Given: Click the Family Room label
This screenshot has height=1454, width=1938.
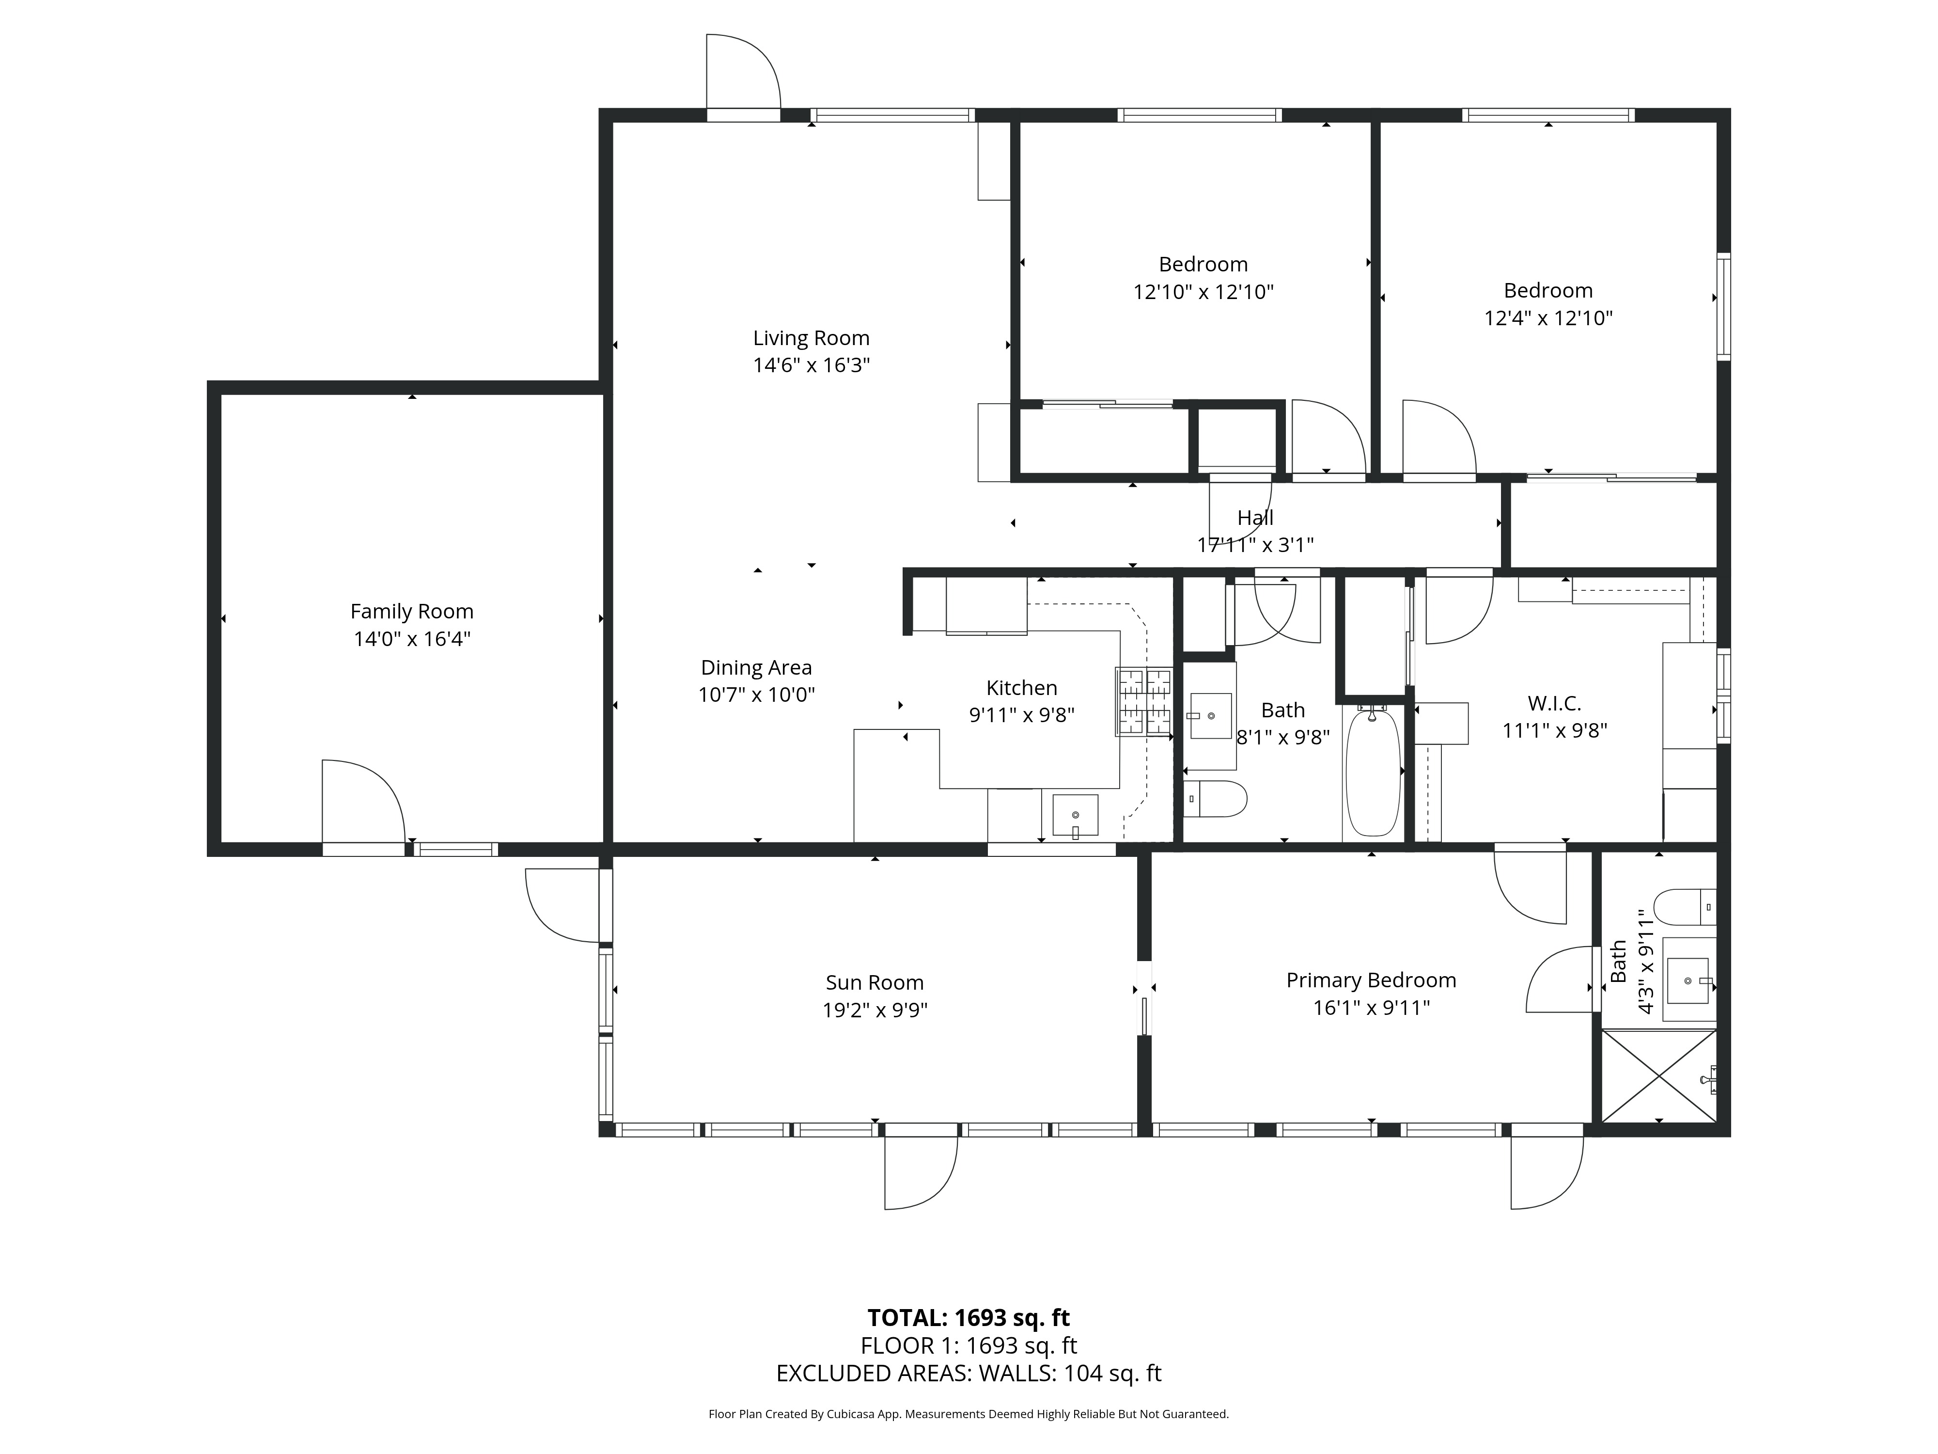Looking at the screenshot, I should coord(412,612).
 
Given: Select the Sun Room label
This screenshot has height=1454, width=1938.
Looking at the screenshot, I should coord(875,982).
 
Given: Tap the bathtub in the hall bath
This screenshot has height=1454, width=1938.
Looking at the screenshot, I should coord(1373,773).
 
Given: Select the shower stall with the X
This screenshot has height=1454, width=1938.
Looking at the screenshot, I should coord(1658,1076).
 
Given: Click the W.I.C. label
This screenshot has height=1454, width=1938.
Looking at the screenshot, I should coord(1554,703).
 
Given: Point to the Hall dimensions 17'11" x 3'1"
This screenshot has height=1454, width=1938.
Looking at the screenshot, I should coord(1255,545).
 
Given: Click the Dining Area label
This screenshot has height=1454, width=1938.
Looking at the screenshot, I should coord(756,668).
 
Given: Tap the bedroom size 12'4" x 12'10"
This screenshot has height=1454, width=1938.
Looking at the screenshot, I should coord(1548,318).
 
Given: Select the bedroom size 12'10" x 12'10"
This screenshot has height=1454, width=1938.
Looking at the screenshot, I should coord(1203,292).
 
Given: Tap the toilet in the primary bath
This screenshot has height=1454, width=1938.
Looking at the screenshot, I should coord(1682,907).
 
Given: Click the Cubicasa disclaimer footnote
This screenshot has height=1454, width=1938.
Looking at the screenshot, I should coord(968,1414).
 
